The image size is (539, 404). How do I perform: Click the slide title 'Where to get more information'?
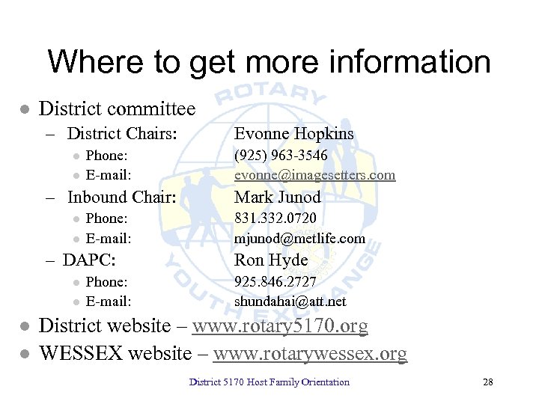click(x=269, y=61)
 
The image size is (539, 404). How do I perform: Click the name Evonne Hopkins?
click(x=293, y=134)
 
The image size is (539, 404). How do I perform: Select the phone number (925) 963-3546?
click(x=281, y=156)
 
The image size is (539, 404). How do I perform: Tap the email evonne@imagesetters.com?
click(x=314, y=175)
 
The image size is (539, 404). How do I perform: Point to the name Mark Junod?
click(x=278, y=198)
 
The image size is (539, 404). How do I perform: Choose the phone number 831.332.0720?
click(x=275, y=218)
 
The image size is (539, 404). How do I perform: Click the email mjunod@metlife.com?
click(x=299, y=239)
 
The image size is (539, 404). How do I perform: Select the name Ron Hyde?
click(x=271, y=260)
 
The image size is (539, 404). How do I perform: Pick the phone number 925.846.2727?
click(x=275, y=282)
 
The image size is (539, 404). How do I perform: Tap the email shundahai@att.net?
click(x=290, y=302)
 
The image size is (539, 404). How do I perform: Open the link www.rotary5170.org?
click(x=280, y=327)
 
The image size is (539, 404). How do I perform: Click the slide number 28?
click(x=488, y=382)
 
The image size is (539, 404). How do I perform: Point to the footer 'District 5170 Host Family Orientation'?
click(x=269, y=382)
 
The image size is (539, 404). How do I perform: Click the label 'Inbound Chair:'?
click(x=121, y=198)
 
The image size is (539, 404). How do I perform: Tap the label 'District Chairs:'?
click(x=122, y=134)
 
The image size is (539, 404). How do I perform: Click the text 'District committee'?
click(x=117, y=109)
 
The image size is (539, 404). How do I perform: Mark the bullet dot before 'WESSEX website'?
click(x=24, y=353)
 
